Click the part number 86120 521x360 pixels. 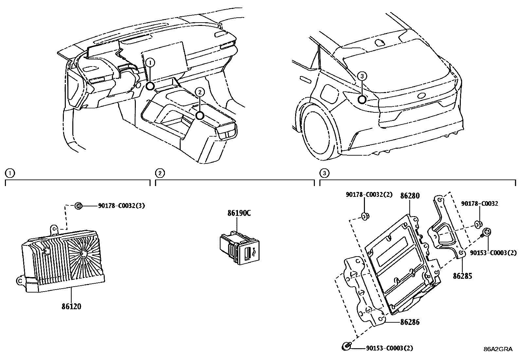coord(71,307)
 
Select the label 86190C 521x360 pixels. coord(239,213)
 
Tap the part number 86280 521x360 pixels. coord(410,196)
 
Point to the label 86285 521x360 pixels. coord(462,276)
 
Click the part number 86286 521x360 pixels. coord(410,322)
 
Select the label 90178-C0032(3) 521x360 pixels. coord(121,206)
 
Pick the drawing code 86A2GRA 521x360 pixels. coord(498,349)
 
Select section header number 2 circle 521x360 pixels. coord(159,173)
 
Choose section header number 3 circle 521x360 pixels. coord(323,173)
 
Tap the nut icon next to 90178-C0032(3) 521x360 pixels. coord(79,206)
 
